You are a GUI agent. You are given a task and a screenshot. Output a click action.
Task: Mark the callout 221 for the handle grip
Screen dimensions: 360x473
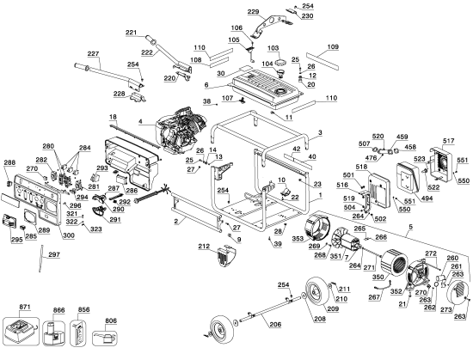[131, 32]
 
